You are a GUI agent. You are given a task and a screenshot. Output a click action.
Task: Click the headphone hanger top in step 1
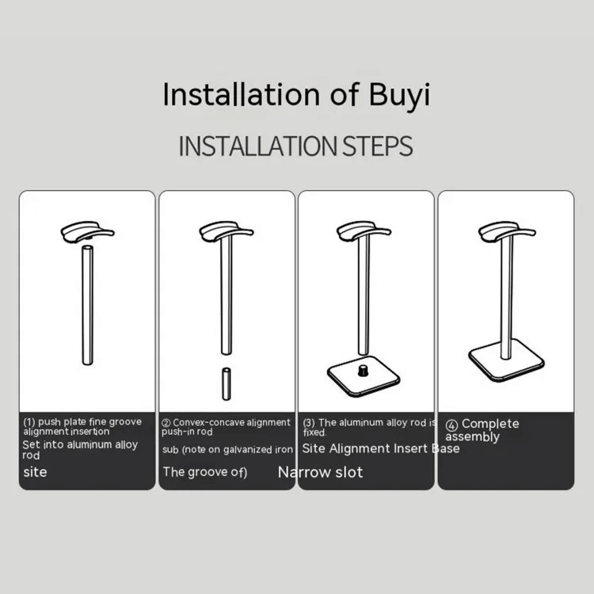pos(87,234)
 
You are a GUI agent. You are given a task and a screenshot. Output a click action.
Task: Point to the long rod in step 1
pos(87,305)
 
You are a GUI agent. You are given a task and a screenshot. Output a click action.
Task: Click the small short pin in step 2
pos(226,383)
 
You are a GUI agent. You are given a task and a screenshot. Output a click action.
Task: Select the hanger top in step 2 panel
pos(226,232)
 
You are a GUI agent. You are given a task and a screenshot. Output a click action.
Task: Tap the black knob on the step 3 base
pos(365,370)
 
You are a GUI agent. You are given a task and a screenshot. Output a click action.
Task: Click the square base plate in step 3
pos(365,379)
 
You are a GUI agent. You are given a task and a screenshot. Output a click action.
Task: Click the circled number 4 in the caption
pos(451,425)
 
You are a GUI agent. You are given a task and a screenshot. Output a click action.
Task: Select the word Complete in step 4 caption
pos(490,424)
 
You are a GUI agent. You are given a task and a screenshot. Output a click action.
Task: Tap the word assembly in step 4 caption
pos(473,436)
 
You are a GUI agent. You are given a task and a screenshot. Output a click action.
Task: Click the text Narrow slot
pos(320,472)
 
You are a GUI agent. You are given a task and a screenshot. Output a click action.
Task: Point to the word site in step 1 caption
pos(35,472)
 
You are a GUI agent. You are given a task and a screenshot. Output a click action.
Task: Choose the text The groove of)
pos(205,472)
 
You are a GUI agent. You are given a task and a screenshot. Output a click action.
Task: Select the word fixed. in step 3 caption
pos(315,433)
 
